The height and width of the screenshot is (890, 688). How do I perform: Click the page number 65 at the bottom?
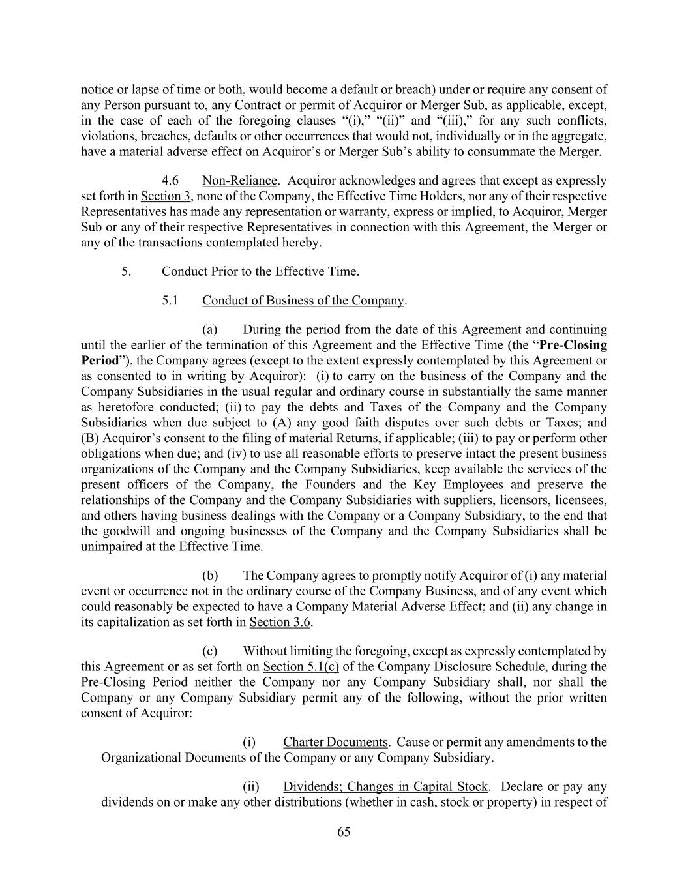pyautogui.click(x=344, y=831)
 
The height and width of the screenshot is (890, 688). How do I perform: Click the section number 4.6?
pyautogui.click(x=170, y=181)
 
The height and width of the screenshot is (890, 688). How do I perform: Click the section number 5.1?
pyautogui.click(x=170, y=301)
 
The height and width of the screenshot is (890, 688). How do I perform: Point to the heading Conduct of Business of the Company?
pyautogui.click(x=303, y=301)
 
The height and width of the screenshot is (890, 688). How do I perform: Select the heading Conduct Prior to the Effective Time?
pyautogui.click(x=260, y=271)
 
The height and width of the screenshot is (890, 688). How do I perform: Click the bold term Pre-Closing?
pyautogui.click(x=573, y=345)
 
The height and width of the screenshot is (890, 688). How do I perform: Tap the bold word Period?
pyautogui.click(x=100, y=361)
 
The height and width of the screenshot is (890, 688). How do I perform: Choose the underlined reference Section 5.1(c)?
pyautogui.click(x=301, y=666)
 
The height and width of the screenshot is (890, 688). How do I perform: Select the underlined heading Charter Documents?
pyautogui.click(x=335, y=742)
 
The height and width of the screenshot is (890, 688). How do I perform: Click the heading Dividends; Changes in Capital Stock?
pyautogui.click(x=385, y=786)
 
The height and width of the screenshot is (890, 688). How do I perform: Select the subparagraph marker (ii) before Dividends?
pyautogui.click(x=251, y=786)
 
